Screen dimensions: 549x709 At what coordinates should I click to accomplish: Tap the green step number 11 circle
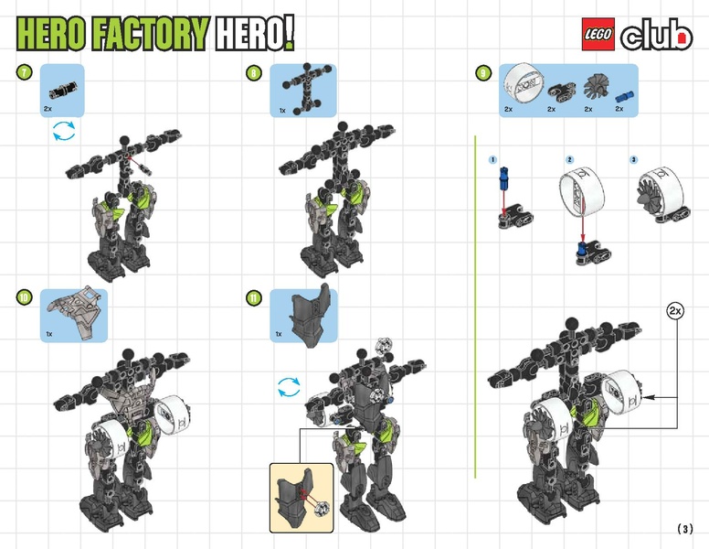pyautogui.click(x=254, y=296)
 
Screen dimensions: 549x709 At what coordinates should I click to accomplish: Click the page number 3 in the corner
pyautogui.click(x=685, y=529)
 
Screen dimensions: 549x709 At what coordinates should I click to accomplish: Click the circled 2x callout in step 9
pyautogui.click(x=675, y=311)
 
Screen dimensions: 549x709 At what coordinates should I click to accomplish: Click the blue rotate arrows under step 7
pyautogui.click(x=63, y=135)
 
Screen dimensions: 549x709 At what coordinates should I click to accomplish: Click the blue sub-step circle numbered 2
pyautogui.click(x=569, y=159)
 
